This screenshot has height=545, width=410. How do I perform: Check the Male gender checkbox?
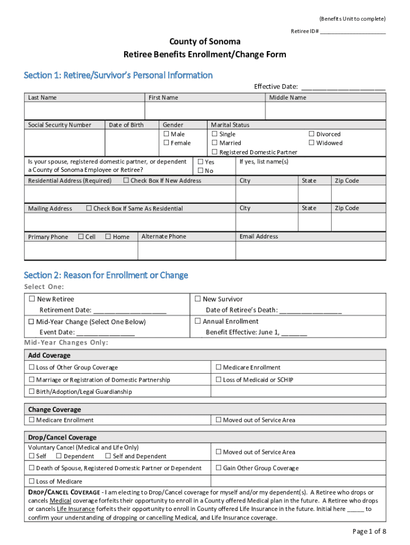click(x=166, y=134)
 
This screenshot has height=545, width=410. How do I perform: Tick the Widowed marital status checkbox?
click(x=312, y=143)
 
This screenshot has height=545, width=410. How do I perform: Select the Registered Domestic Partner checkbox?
click(x=215, y=152)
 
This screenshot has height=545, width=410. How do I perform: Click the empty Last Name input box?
click(x=84, y=111)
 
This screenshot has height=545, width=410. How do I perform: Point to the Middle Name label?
click(x=288, y=97)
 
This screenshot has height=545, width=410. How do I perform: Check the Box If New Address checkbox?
click(x=126, y=180)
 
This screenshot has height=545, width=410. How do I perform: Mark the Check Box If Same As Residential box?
click(x=89, y=208)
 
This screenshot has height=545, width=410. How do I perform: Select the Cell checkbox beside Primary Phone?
click(x=81, y=236)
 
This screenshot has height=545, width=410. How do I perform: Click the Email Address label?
click(x=259, y=236)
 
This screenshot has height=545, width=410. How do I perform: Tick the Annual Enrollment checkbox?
click(x=198, y=321)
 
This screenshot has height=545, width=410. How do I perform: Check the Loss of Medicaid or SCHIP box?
click(x=218, y=379)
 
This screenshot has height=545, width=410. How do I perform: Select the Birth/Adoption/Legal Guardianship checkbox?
click(x=31, y=392)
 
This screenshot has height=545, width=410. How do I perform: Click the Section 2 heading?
click(x=106, y=275)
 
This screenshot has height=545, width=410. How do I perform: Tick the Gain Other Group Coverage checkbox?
click(x=218, y=468)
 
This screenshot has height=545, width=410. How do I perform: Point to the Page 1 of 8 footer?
click(x=369, y=531)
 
